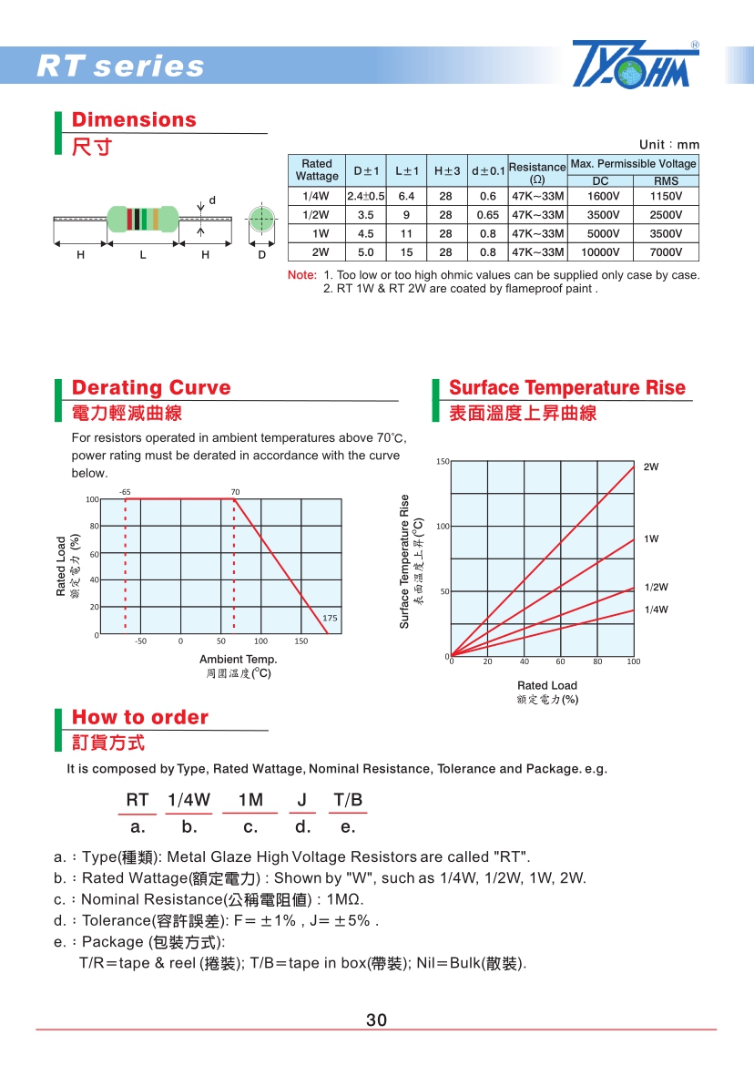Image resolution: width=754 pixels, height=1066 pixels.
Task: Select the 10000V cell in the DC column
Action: point(600,252)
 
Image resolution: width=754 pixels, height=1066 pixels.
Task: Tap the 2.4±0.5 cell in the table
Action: point(365,196)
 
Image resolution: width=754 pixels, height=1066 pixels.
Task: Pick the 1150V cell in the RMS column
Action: point(666,196)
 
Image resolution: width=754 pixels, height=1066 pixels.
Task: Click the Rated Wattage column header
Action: point(317,170)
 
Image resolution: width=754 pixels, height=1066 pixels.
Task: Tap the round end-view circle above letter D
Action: point(261,219)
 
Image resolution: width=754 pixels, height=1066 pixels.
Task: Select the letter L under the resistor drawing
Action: point(143,255)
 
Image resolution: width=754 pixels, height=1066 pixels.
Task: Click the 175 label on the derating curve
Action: point(330,618)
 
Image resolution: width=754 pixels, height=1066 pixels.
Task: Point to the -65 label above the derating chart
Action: point(125,492)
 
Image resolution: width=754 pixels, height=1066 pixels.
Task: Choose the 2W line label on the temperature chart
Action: point(651,466)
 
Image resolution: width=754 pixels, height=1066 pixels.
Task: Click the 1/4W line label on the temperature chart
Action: point(656,610)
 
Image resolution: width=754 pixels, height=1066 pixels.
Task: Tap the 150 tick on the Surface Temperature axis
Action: point(443,462)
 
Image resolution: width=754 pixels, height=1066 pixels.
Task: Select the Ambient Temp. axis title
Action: point(238,659)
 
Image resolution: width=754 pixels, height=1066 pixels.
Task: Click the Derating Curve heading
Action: point(151,388)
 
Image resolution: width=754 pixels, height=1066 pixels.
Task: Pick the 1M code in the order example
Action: point(250,800)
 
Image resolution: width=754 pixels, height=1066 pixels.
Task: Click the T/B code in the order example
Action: point(348,800)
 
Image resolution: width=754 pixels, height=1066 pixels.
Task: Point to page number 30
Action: point(377,1020)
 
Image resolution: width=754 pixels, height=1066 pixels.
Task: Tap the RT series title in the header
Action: point(120,67)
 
